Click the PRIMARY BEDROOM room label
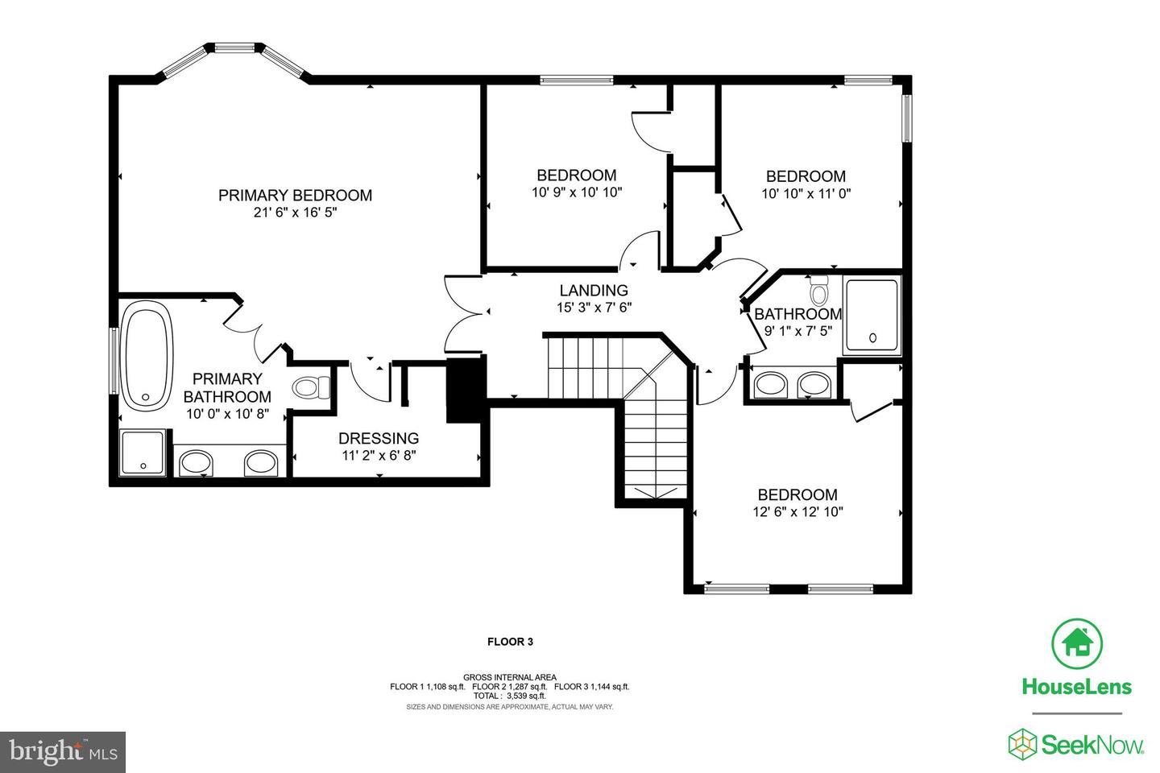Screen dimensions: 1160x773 click(295, 195)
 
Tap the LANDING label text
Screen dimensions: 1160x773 click(594, 291)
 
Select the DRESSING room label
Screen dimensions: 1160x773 click(379, 439)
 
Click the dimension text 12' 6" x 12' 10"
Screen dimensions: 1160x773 click(797, 512)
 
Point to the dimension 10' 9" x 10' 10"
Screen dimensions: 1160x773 click(577, 192)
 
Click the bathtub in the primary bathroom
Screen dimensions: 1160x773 click(146, 360)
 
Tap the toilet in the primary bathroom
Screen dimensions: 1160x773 click(311, 386)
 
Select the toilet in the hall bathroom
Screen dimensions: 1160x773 click(818, 291)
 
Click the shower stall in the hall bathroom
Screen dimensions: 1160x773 click(872, 316)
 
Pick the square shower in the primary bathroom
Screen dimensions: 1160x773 click(143, 452)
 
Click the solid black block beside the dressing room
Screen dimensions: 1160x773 click(465, 390)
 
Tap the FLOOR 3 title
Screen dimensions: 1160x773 click(510, 642)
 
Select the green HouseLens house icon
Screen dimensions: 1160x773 click(1077, 643)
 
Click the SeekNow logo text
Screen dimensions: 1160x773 click(1092, 746)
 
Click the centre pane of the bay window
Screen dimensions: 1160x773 click(235, 48)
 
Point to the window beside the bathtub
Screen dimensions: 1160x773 click(114, 360)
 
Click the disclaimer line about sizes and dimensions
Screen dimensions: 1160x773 click(510, 707)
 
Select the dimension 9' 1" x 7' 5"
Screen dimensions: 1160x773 click(798, 331)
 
